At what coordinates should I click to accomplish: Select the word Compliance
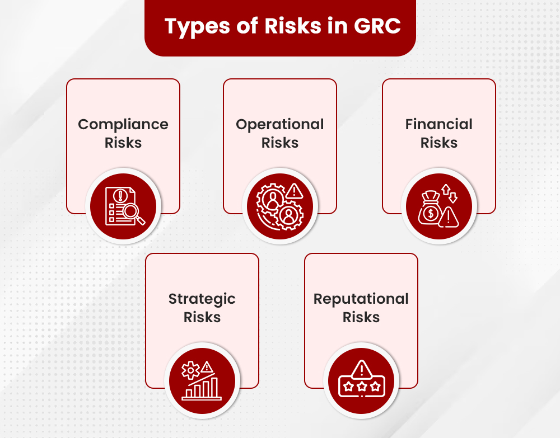coord(123,124)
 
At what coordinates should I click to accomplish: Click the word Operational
coord(280,124)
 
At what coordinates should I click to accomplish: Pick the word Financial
coord(439,124)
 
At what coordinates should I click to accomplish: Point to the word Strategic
coord(202,299)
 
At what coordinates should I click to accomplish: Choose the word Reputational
coord(361,299)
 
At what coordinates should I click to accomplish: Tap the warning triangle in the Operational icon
coord(294,192)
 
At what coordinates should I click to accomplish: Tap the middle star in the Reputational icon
coord(362,385)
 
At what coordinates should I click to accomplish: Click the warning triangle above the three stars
coord(362,369)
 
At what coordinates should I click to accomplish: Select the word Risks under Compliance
coord(123,143)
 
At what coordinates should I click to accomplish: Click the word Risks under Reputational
coord(361,317)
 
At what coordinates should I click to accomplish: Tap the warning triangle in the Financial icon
coord(449,216)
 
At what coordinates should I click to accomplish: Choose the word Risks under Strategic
coord(202,317)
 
